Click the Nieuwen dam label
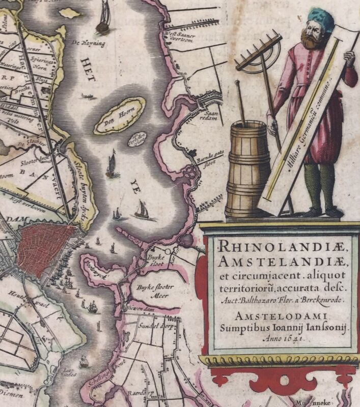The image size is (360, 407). [142, 307]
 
